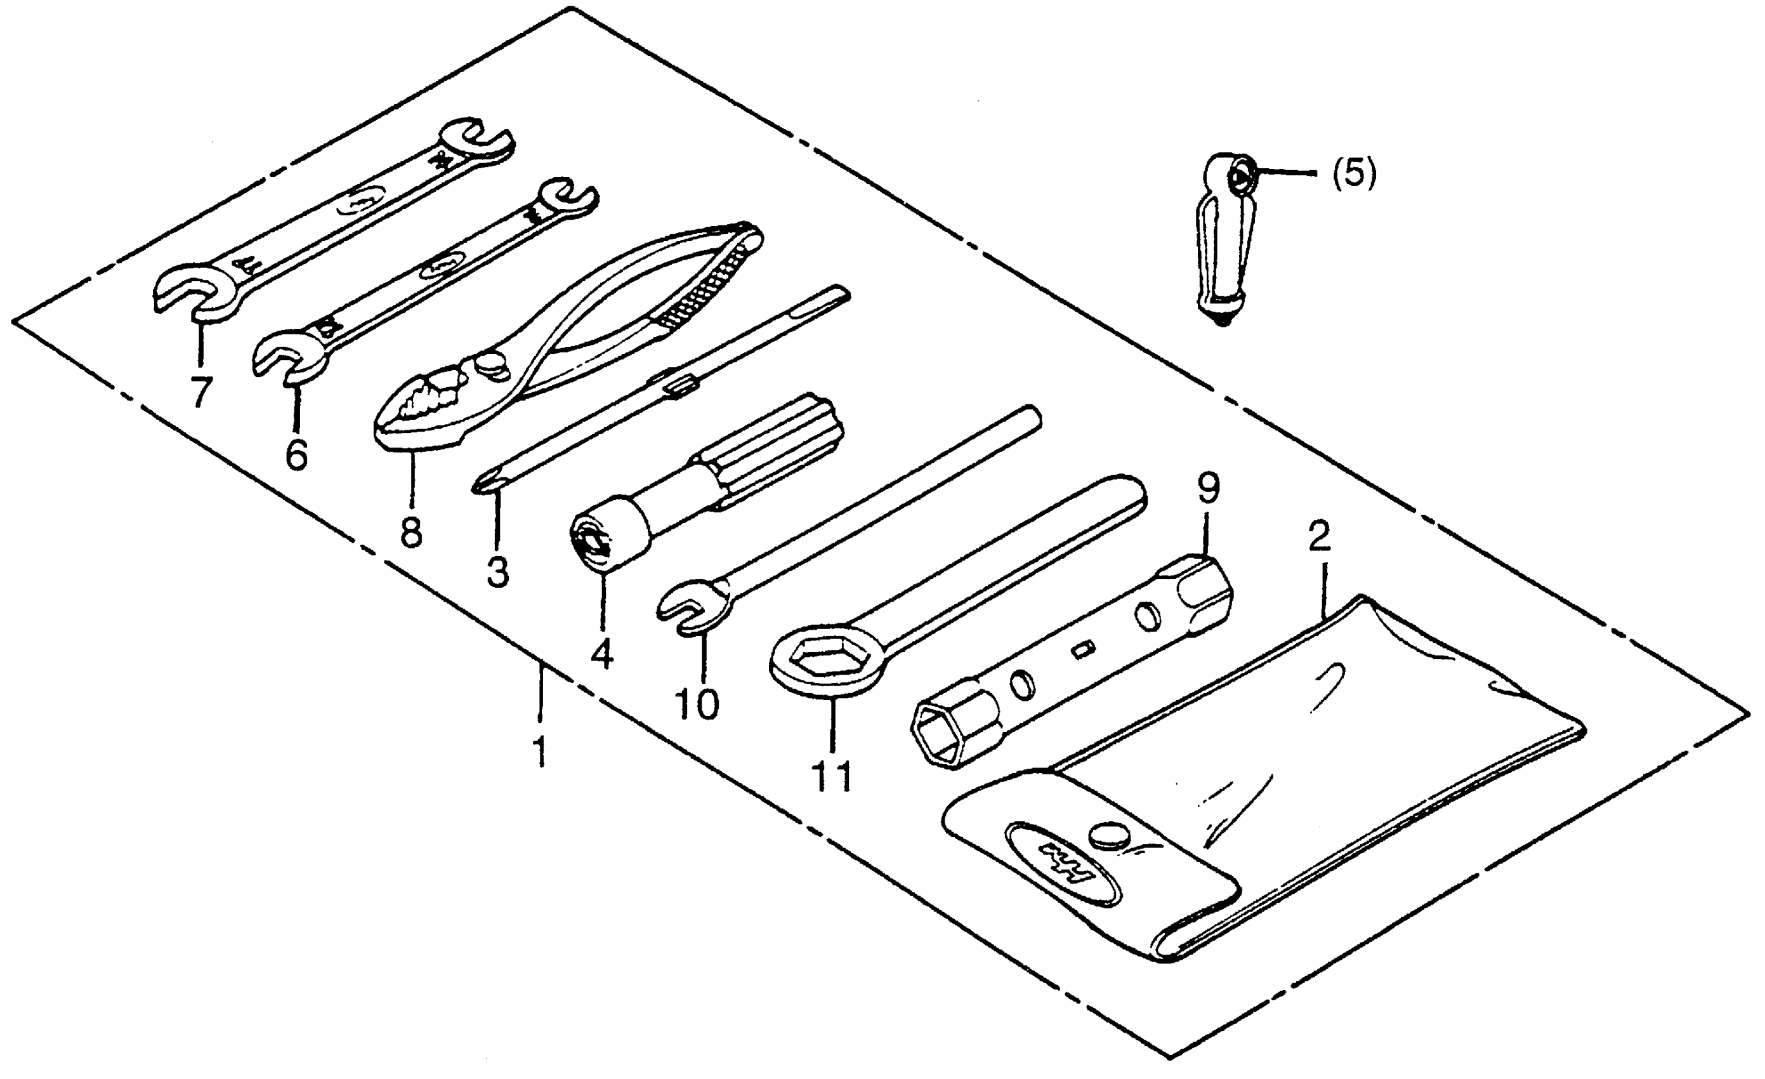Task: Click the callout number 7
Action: [201, 391]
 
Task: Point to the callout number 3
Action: [497, 572]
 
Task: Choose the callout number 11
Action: [832, 776]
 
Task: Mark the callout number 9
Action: [1208, 489]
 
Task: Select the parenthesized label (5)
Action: [1354, 174]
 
